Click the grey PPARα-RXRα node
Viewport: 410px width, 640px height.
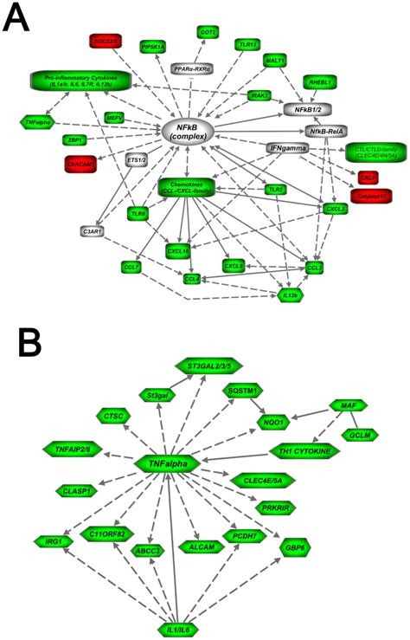pos(192,68)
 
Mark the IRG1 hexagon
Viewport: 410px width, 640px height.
pos(41,541)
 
